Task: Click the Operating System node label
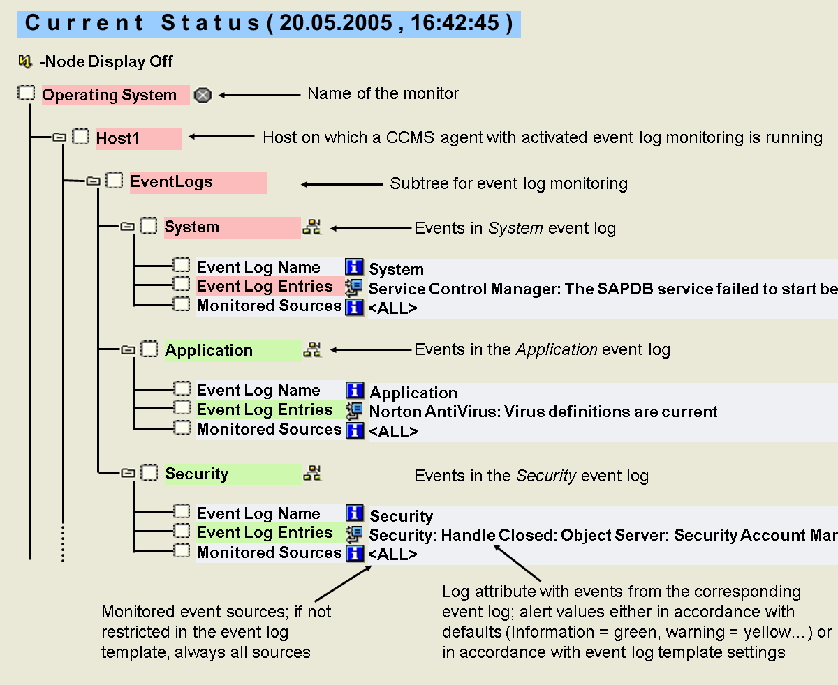pos(110,96)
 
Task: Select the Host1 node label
pos(118,139)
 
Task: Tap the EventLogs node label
pos(171,182)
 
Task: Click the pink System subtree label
pos(192,227)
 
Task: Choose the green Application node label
pos(209,350)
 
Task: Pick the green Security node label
pos(197,474)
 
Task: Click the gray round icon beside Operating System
pos(203,96)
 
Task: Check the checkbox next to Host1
pos(81,137)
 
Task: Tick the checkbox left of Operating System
pos(26,93)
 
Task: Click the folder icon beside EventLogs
pos(93,181)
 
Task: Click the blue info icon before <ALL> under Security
pos(355,554)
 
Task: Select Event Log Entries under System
pos(264,287)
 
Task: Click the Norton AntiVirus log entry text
pos(543,412)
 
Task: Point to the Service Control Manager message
pos(601,289)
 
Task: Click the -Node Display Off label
pos(106,61)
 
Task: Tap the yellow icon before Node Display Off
pos(25,61)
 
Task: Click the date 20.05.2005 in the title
pos(335,22)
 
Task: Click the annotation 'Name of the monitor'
pos(383,93)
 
